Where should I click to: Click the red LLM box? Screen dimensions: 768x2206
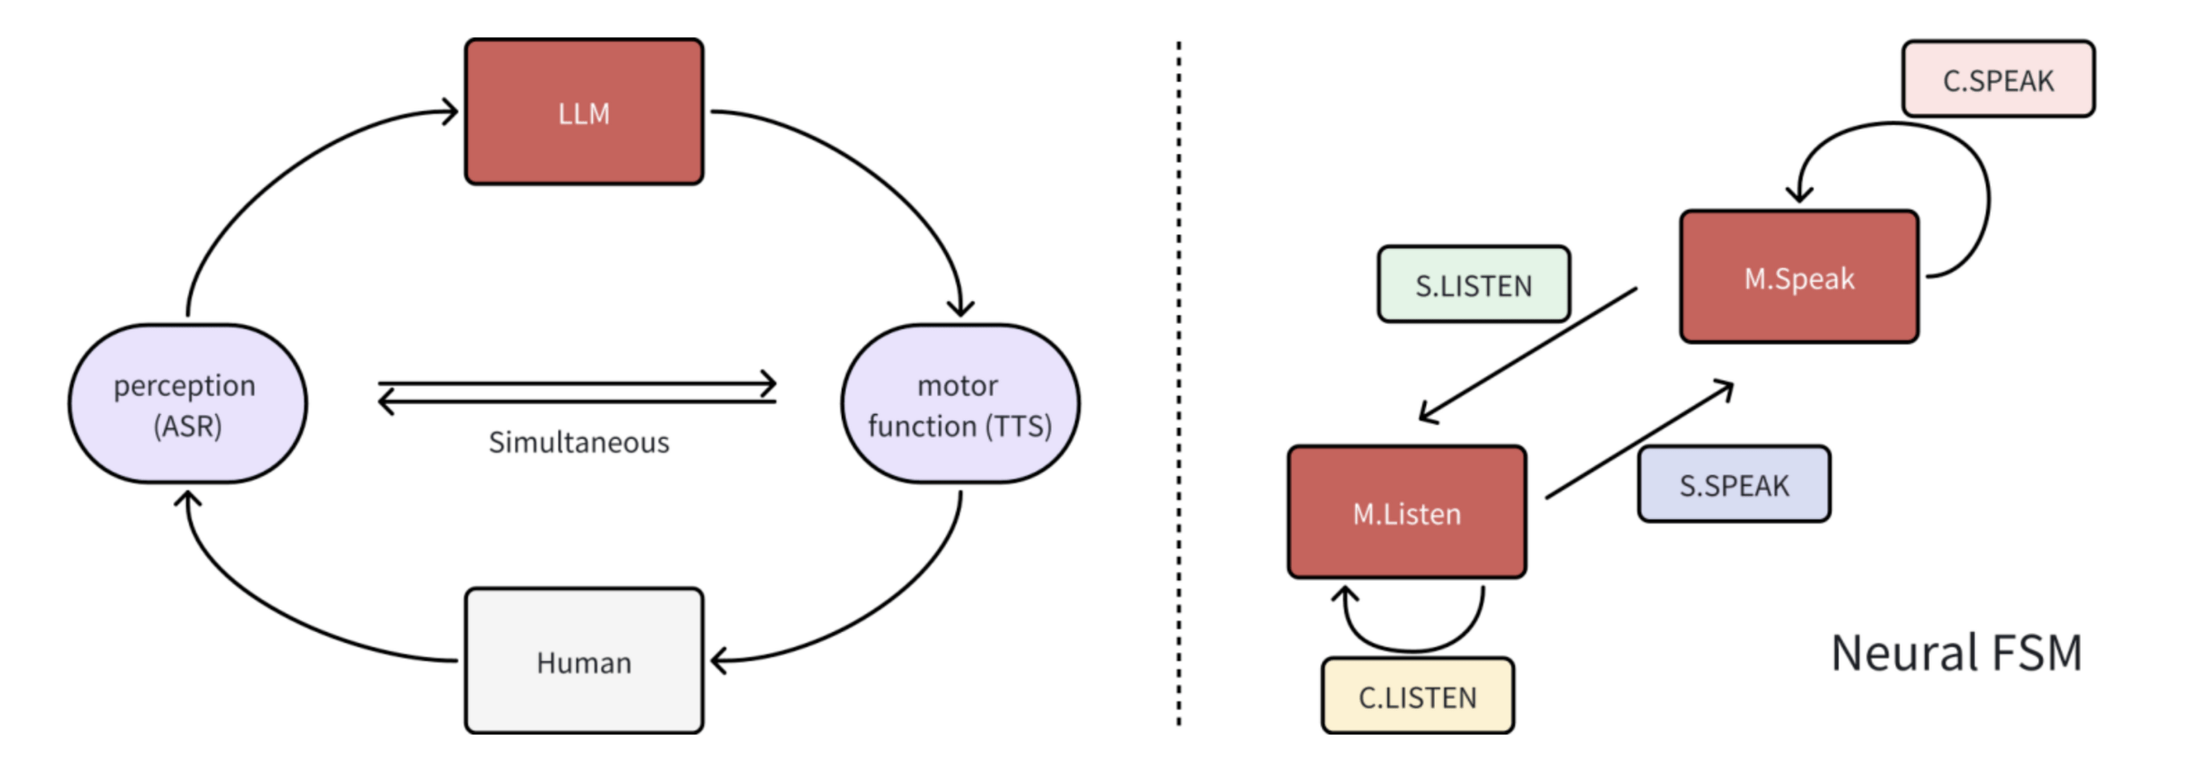tap(584, 112)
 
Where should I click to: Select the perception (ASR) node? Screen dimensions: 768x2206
tap(187, 403)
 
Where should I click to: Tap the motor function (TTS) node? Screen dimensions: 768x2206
tap(960, 403)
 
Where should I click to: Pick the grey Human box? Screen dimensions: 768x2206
tap(584, 660)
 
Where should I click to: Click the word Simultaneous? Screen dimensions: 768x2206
tap(579, 442)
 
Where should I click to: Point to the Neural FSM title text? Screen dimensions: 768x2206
tap(1956, 653)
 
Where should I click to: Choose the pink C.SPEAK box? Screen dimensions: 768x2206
tap(1998, 79)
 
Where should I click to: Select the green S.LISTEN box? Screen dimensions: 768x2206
tap(1474, 284)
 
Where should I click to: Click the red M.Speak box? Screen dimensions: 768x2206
tap(1799, 277)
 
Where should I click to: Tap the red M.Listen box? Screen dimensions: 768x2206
tap(1407, 513)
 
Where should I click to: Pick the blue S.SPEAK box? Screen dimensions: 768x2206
tap(1734, 485)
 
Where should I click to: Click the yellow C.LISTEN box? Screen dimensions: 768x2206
tap(1417, 696)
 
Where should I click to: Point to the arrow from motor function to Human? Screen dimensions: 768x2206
tap(891, 609)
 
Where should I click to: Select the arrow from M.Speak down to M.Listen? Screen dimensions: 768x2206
tap(1527, 353)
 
